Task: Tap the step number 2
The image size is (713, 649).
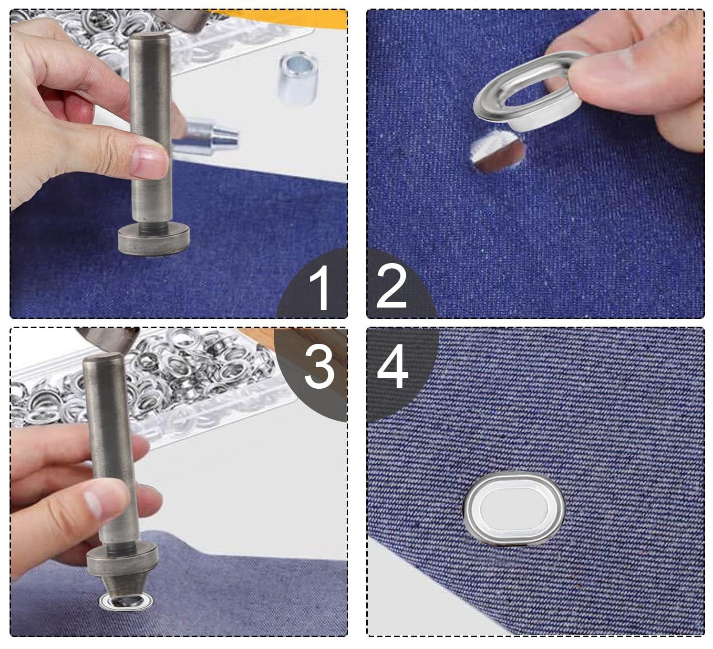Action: (391, 287)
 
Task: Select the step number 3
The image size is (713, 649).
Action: (319, 367)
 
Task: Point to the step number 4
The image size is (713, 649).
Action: (393, 367)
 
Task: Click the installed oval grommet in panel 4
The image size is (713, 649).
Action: (514, 509)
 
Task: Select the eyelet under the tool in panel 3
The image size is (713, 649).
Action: (126, 602)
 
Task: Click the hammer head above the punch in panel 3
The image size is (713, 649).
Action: (107, 338)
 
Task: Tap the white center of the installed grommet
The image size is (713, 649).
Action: (514, 509)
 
